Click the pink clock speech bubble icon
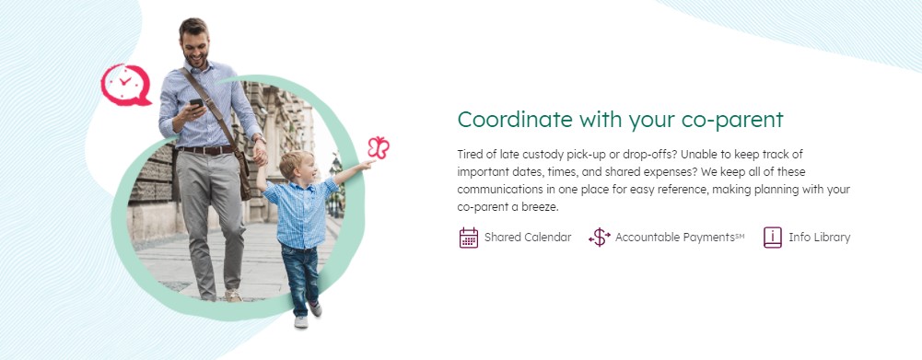click(125, 85)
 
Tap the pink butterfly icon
click(379, 147)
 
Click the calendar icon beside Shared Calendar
click(469, 238)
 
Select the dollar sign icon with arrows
click(600, 238)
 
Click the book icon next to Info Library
click(773, 238)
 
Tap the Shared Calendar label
click(528, 238)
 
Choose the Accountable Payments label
click(680, 238)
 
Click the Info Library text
click(819, 238)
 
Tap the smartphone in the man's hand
click(196, 104)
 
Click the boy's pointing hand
click(368, 164)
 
